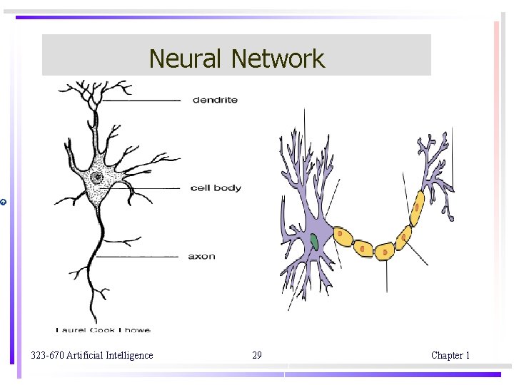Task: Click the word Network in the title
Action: point(278,58)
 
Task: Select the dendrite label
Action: point(215,100)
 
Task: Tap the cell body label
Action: point(216,188)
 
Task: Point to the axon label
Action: point(201,256)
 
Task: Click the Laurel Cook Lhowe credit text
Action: point(104,329)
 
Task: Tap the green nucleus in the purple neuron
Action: point(314,242)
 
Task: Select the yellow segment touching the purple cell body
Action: point(343,235)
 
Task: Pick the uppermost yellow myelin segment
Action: point(417,204)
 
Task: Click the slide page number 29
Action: point(257,355)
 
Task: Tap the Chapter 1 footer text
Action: point(450,355)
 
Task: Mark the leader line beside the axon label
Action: point(139,257)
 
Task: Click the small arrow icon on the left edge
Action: point(4,203)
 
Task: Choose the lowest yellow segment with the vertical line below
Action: point(385,250)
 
